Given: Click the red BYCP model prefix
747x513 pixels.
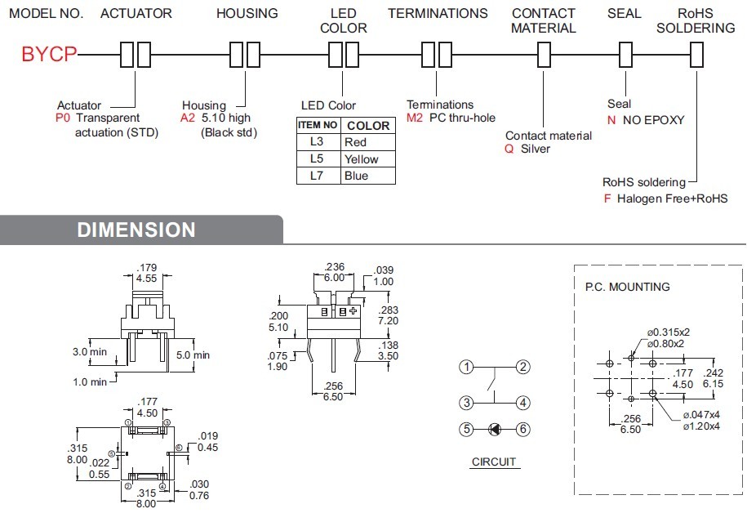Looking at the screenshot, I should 49,55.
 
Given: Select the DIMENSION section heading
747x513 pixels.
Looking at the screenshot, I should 136,230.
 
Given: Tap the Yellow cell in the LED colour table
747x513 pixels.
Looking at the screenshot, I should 362,159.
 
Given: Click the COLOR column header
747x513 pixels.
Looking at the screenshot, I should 368,126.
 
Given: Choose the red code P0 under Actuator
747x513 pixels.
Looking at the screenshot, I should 64,118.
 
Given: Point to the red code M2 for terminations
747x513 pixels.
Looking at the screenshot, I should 414,118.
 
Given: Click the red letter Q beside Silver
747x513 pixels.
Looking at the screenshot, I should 509,149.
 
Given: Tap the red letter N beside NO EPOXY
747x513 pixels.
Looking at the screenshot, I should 611,120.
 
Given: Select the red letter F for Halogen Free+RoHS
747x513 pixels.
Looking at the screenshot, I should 607,199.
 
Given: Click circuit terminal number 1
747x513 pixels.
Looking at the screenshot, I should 466,367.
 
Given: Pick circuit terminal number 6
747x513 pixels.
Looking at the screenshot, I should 523,429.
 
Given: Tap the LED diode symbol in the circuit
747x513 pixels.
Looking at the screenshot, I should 495,429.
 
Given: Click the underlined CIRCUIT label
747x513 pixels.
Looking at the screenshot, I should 494,462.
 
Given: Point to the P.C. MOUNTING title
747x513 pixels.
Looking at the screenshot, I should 627,287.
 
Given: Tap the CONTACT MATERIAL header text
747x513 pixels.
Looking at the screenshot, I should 544,20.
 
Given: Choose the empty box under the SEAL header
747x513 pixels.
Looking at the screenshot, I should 625,55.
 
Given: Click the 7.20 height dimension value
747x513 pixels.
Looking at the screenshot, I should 389,322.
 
